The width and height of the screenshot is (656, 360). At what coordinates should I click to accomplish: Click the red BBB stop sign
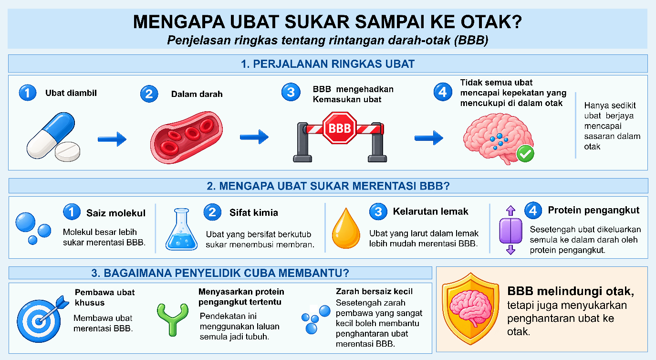pyautogui.click(x=339, y=128)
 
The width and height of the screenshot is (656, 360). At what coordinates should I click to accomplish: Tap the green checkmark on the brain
pyautogui.click(x=525, y=154)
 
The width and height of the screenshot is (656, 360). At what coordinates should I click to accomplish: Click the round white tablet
pyautogui.click(x=67, y=151)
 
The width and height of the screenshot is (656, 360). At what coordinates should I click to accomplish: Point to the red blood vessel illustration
pyautogui.click(x=187, y=137)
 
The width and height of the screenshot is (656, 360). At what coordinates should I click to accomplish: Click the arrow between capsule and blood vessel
pyautogui.click(x=112, y=139)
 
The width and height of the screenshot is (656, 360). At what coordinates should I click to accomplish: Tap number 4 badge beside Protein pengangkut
pyautogui.click(x=533, y=211)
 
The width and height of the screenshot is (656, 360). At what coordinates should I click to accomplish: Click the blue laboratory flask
pyautogui.click(x=182, y=229)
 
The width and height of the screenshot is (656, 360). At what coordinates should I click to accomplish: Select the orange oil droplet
pyautogui.click(x=346, y=228)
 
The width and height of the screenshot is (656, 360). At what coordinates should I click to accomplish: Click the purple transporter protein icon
pyautogui.click(x=510, y=230)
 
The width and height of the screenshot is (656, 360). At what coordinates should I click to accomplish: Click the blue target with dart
pyautogui.click(x=41, y=319)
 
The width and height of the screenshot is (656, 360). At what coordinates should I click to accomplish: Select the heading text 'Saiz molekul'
pyautogui.click(x=115, y=213)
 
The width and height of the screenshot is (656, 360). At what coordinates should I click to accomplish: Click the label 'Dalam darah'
pyautogui.click(x=197, y=94)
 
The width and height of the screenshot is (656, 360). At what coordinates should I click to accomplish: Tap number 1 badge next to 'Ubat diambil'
pyautogui.click(x=28, y=93)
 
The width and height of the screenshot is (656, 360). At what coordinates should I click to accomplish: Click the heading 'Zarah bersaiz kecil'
pyautogui.click(x=374, y=291)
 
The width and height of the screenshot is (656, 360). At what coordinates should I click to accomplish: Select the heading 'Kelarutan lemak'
pyautogui.click(x=430, y=212)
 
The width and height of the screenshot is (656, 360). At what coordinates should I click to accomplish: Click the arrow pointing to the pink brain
pyautogui.click(x=429, y=138)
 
